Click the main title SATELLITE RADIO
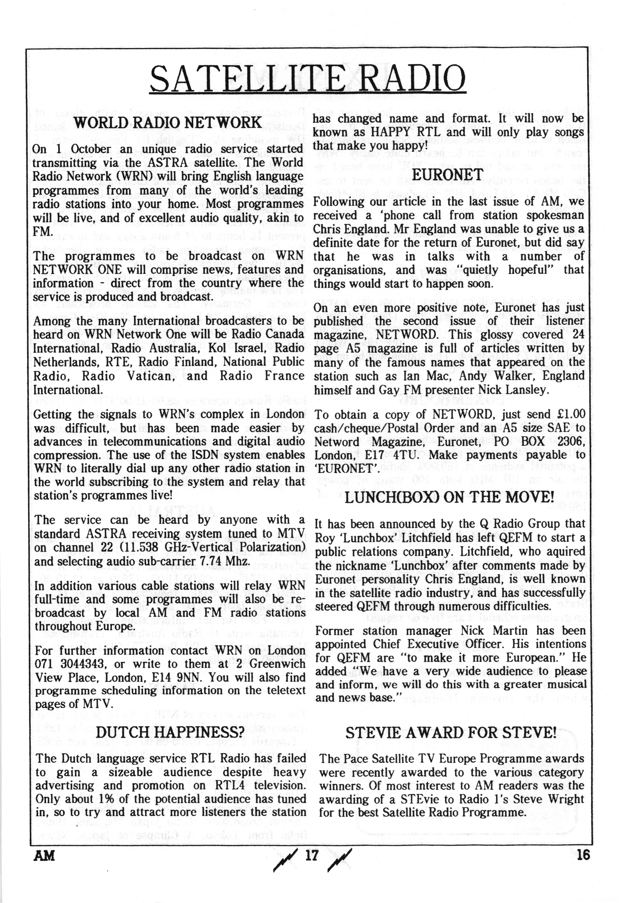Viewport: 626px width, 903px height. [308, 78]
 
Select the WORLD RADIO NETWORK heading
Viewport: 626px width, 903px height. [168, 123]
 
